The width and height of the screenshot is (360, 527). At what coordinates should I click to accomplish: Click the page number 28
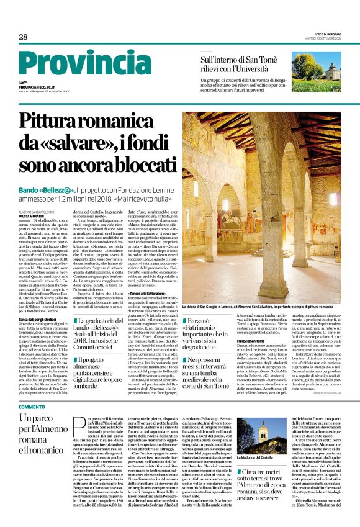(x=23, y=37)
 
